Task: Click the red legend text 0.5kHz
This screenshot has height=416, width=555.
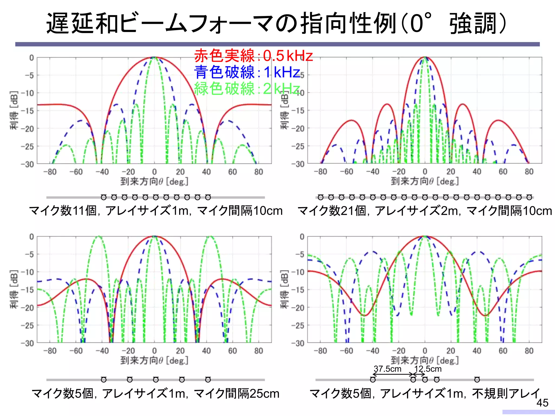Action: tap(288, 56)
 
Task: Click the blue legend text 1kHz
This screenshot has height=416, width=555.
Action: tap(282, 72)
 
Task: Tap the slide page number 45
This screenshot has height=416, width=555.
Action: tap(542, 403)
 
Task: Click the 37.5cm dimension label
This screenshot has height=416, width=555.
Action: tap(387, 369)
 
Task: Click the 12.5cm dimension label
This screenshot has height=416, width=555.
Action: tap(428, 369)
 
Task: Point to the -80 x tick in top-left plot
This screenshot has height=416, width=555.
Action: tap(50, 172)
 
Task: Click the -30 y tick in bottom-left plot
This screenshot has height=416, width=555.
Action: tap(27, 343)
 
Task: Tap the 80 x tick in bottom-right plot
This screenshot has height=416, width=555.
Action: tap(529, 351)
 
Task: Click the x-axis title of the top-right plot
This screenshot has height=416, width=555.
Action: tap(425, 181)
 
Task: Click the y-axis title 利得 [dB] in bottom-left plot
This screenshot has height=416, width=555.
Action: tap(14, 289)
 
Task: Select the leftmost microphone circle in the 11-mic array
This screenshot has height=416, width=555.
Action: tap(104, 197)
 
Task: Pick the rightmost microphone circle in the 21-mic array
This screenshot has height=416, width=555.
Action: tap(529, 197)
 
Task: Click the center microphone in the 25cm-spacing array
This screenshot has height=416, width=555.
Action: tap(156, 379)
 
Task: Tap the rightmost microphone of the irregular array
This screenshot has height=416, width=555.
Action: tap(477, 379)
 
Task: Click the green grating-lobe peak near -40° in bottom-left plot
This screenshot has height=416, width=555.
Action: tap(99, 236)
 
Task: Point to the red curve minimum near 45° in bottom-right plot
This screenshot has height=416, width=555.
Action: tap(485, 316)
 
